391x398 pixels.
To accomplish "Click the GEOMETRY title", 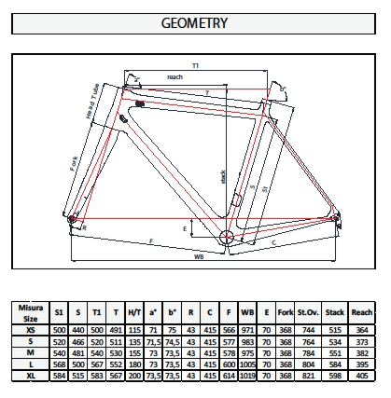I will (195, 21).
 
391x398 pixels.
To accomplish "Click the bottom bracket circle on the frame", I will (227, 240).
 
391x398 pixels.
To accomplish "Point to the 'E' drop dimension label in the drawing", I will (186, 228).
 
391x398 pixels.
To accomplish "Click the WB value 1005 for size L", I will (247, 364).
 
